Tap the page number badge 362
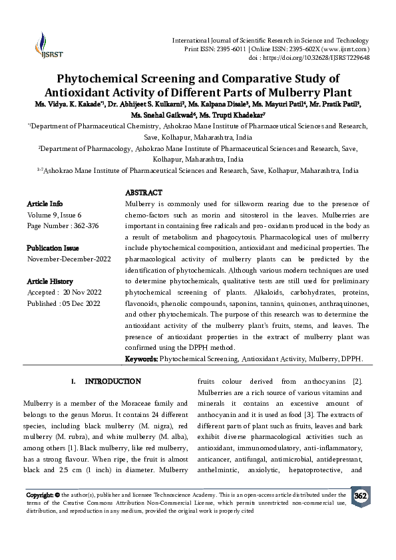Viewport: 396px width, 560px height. (x=360, y=497)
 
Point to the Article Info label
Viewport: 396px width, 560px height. (x=45, y=203)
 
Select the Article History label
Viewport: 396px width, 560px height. (x=51, y=281)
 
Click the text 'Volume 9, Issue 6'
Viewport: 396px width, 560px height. (x=54, y=214)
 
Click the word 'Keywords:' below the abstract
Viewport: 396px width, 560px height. (x=142, y=359)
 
